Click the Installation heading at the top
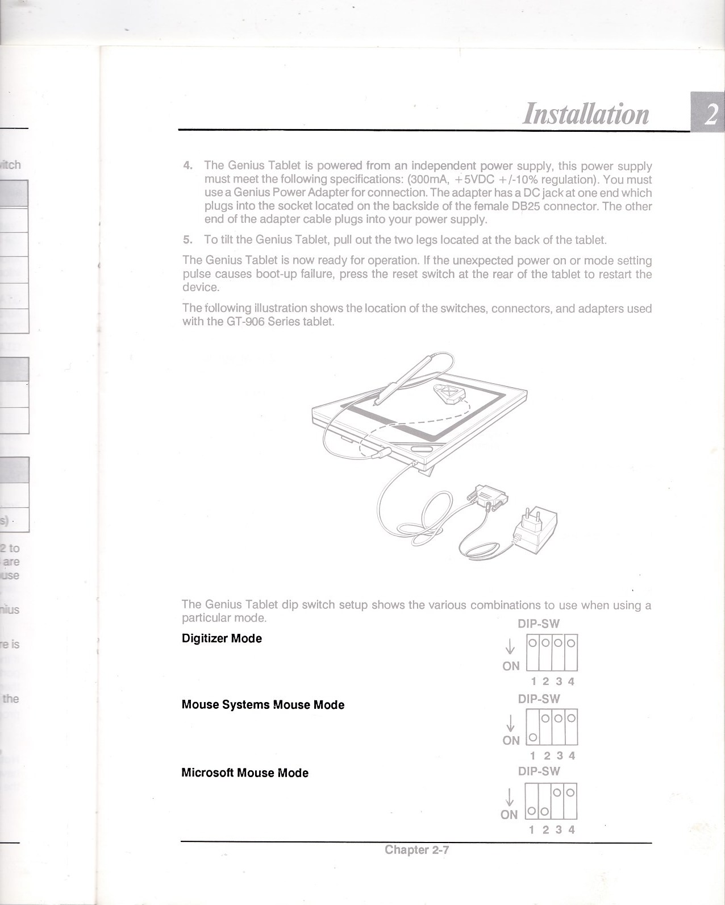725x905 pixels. (x=585, y=113)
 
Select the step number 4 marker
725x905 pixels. (x=188, y=166)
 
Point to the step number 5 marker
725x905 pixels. (x=188, y=239)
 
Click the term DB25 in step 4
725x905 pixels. (x=526, y=206)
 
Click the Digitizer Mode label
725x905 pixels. (x=222, y=638)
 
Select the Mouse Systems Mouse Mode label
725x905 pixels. (x=263, y=705)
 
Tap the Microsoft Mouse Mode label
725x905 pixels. (x=245, y=773)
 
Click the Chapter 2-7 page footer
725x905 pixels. (x=416, y=850)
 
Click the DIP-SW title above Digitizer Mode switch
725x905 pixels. (x=538, y=624)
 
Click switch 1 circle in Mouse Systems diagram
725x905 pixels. (x=532, y=738)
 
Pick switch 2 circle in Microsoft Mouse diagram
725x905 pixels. (x=544, y=811)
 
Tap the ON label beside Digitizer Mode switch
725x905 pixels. (x=511, y=666)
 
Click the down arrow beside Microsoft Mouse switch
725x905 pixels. (x=510, y=796)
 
